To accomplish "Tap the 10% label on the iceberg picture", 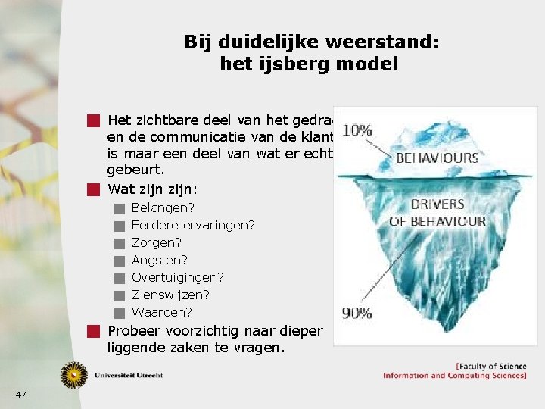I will point(357,130).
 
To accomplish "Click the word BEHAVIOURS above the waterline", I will point(438,158).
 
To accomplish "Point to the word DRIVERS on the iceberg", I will point(437,204).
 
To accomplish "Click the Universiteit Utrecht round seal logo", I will point(74,374).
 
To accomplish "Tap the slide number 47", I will point(20,395).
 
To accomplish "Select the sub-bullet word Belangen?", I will point(163,208).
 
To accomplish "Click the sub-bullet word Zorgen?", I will point(157,242).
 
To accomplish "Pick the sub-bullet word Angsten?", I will point(160,260).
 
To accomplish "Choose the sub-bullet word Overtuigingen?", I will point(178,277).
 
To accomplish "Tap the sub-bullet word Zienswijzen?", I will point(171,295).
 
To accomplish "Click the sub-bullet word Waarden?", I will point(162,312).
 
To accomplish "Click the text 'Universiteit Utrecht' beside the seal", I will point(129,375).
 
